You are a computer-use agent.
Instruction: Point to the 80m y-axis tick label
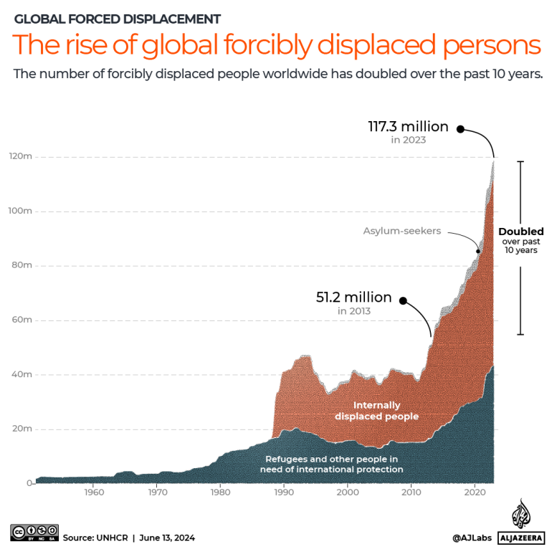click(x=20, y=265)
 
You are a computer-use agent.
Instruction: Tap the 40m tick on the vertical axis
click(x=20, y=374)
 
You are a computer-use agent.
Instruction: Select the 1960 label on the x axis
click(x=93, y=492)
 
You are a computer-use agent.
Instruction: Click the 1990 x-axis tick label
click(x=285, y=492)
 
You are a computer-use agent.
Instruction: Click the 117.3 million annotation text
click(x=408, y=127)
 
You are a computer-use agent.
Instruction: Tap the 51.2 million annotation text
click(x=354, y=297)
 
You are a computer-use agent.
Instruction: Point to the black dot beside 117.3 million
click(x=461, y=129)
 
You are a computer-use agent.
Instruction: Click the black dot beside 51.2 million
click(x=403, y=300)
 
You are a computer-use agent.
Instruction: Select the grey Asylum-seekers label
click(x=401, y=231)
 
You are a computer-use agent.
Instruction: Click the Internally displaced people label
click(x=376, y=411)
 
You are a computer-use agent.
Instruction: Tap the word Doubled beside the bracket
click(x=521, y=232)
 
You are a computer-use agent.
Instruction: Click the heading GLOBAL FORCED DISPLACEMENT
click(x=118, y=19)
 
